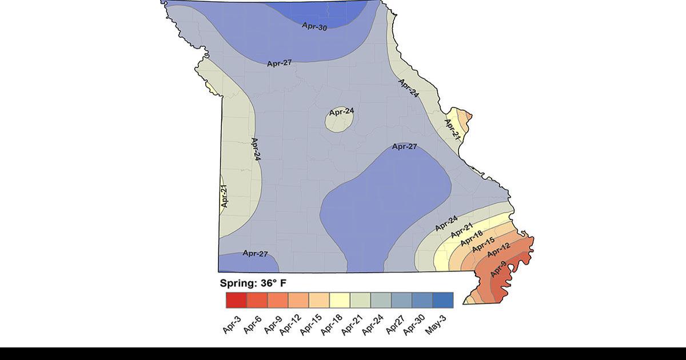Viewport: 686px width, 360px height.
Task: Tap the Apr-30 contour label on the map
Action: pyautogui.click(x=314, y=26)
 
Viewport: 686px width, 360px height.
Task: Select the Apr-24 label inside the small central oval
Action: pyautogui.click(x=341, y=111)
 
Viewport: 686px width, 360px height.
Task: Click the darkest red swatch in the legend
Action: pyautogui.click(x=236, y=300)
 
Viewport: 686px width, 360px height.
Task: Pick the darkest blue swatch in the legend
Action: pyautogui.click(x=443, y=300)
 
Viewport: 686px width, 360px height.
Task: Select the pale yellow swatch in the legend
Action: pyautogui.click(x=340, y=300)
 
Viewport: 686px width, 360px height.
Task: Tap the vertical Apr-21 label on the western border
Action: pyautogui.click(x=225, y=196)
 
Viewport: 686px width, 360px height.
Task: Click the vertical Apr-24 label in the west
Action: pyautogui.click(x=256, y=149)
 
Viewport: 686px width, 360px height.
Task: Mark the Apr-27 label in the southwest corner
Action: pyautogui.click(x=255, y=253)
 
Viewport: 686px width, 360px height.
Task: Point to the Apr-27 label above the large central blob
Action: pyautogui.click(x=404, y=147)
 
